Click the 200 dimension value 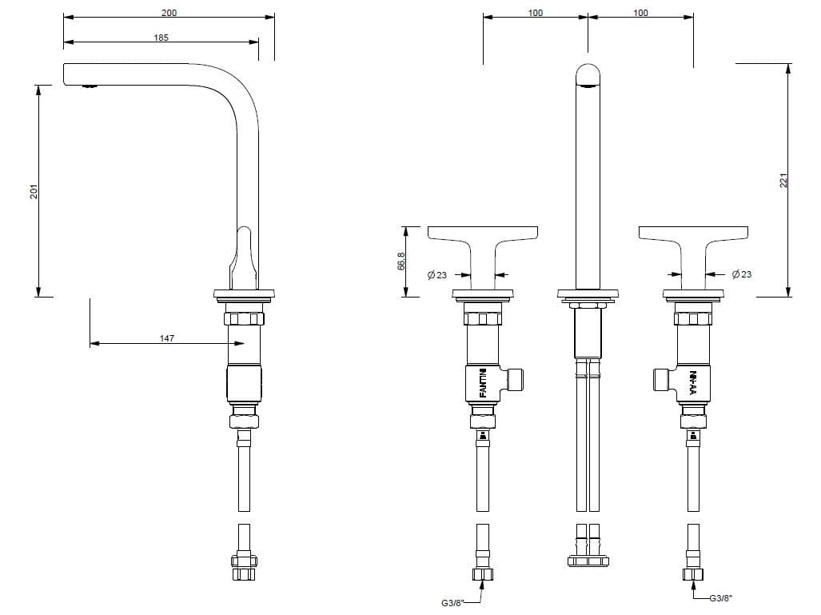click(x=169, y=13)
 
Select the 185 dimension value click(x=161, y=38)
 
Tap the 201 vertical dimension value click(x=34, y=192)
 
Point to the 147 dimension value click(x=166, y=338)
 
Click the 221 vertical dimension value click(x=783, y=181)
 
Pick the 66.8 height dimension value click(x=401, y=262)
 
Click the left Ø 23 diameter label click(x=437, y=275)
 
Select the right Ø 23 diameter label click(x=741, y=274)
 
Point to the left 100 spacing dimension click(x=536, y=13)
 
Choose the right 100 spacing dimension click(x=640, y=13)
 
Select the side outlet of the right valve click(x=661, y=379)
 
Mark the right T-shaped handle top click(x=693, y=232)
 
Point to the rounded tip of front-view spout click(x=588, y=74)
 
